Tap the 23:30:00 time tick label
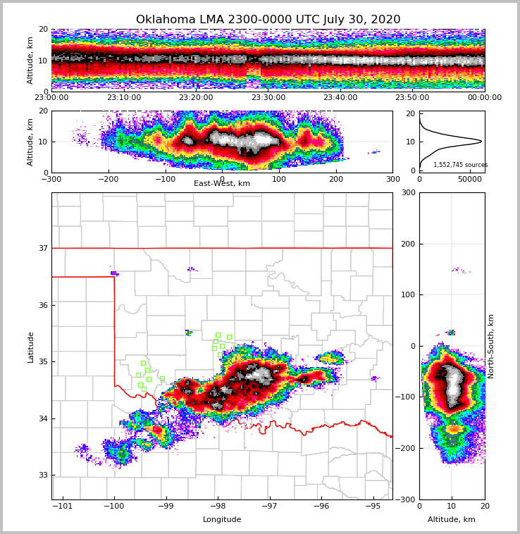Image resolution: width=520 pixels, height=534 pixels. pos(268,98)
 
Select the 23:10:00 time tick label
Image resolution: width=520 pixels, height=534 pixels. pos(124,98)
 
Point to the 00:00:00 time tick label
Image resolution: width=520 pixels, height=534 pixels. pos(484,98)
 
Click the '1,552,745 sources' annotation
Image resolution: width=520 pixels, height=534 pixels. pos(460,165)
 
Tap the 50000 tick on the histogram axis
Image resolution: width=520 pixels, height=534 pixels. pos(468,180)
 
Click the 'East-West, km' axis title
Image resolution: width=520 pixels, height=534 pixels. pos(222,184)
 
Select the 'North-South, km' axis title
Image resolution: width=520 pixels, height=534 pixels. pos(491,346)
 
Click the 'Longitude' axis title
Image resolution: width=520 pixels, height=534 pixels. pos(222,520)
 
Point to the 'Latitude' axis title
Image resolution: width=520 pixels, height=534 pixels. pos(31,347)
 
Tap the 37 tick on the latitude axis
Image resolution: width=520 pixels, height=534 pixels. pos(43,248)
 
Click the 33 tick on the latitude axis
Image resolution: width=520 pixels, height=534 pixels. pos(43,475)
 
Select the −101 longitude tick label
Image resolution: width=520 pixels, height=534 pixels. pos(63,507)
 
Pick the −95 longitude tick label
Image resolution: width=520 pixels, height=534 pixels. pos(373,507)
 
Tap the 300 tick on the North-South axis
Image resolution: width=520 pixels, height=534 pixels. pos(407,192)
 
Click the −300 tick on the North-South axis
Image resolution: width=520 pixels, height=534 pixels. pos(405,499)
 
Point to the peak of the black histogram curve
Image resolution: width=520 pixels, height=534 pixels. pos(481,141)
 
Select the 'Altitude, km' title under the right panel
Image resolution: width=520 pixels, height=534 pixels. pos(452,520)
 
